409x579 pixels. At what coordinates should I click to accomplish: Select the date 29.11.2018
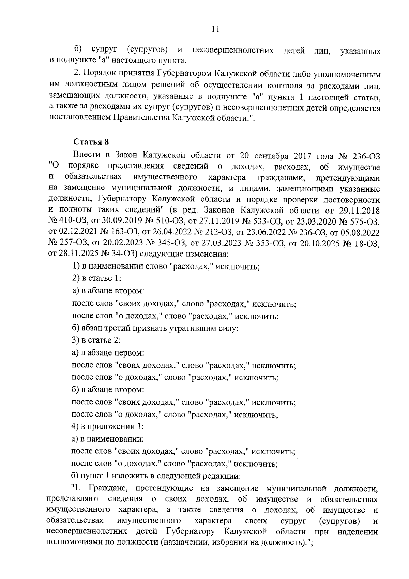coord(361,210)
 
